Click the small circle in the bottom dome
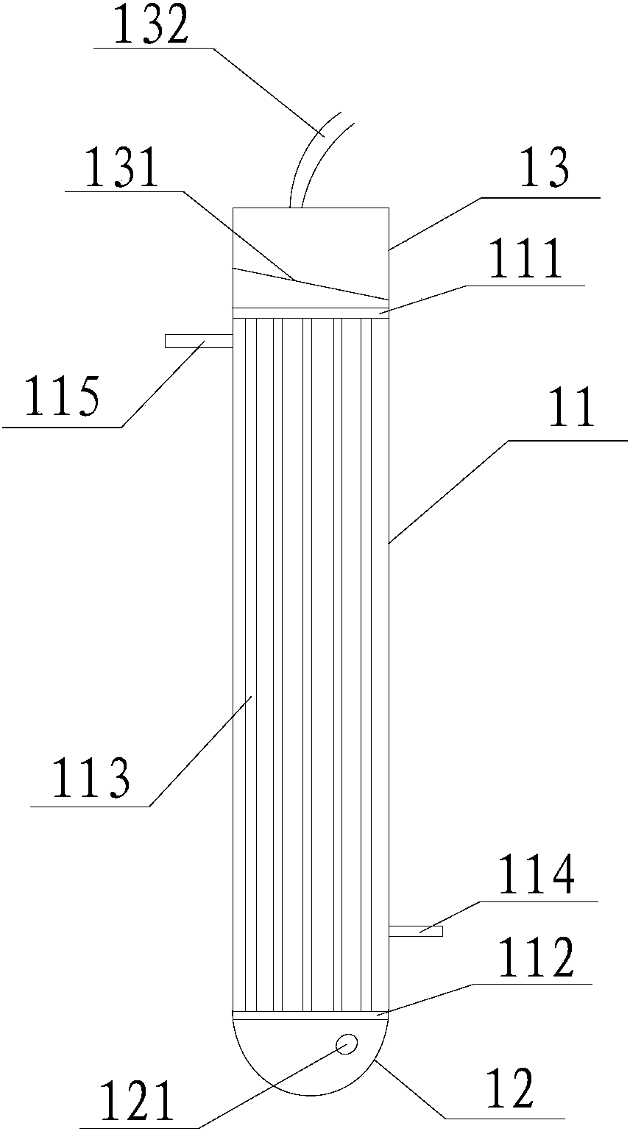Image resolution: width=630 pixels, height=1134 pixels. tap(346, 1043)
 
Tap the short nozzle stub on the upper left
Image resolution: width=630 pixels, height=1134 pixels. tap(198, 341)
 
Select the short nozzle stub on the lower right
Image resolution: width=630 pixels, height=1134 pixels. tap(415, 931)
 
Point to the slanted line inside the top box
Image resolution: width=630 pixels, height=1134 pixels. tap(309, 283)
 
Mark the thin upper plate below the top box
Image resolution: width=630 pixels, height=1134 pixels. tap(309, 313)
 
